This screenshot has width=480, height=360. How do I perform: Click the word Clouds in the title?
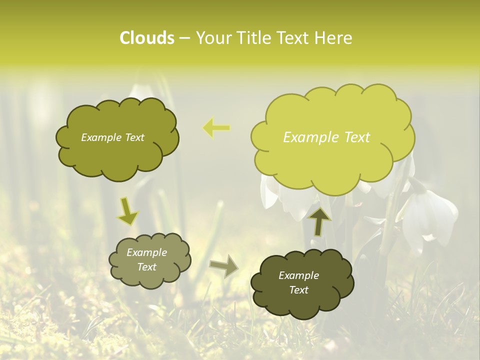tap(146, 38)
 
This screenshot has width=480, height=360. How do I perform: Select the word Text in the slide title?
tap(293, 38)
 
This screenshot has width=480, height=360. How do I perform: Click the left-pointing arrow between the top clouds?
tap(216, 128)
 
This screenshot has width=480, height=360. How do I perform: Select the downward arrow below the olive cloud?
tap(127, 211)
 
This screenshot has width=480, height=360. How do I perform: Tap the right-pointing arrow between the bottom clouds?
tap(224, 266)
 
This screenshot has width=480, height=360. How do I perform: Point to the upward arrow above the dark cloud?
tap(318, 220)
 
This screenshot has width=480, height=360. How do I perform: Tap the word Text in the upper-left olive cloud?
tap(133, 137)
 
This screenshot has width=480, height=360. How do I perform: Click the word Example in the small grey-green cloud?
tap(146, 252)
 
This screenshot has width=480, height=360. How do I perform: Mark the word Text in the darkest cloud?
tap(298, 290)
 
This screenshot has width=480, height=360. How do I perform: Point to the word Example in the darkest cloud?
tap(298, 275)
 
